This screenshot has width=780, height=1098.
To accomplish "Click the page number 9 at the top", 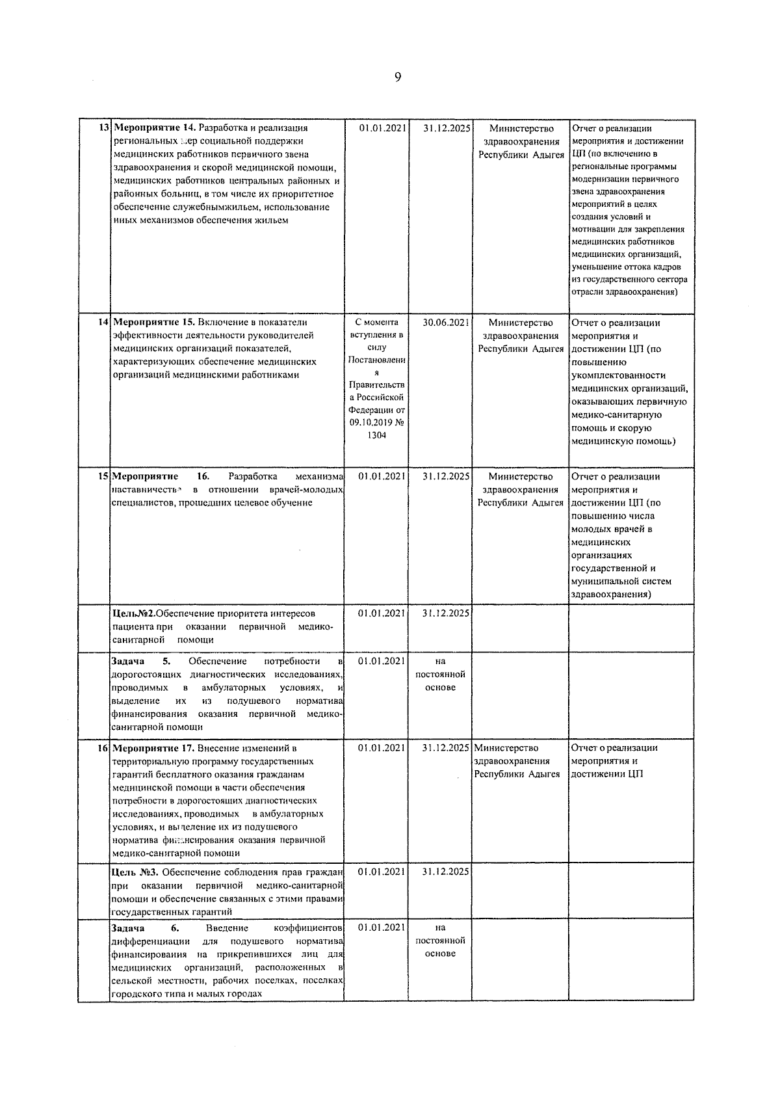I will click(x=398, y=78).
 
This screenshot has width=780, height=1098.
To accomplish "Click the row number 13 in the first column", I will click(x=103, y=128).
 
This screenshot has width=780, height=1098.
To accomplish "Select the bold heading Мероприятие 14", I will click(x=154, y=128).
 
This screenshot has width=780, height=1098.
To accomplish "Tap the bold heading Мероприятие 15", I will click(x=154, y=322).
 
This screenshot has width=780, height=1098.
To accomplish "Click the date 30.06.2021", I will click(x=445, y=322).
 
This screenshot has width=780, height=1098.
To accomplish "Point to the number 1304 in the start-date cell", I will click(x=376, y=435).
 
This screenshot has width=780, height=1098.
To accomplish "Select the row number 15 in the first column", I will click(x=103, y=476).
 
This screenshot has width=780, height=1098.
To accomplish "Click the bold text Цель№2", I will click(x=133, y=613).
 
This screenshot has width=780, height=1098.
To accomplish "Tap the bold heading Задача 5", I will click(x=140, y=661).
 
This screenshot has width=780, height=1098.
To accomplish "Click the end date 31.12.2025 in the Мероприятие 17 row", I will click(x=445, y=748).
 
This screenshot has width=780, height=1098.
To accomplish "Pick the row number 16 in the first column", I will click(x=103, y=748).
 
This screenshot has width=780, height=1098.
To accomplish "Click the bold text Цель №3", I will click(x=135, y=872).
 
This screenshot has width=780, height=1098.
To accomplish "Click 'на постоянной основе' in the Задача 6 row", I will click(x=440, y=941).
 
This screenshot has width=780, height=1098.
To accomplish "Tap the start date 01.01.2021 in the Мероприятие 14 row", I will click(x=382, y=128).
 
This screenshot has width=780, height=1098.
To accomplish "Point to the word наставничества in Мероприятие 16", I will click(x=146, y=490).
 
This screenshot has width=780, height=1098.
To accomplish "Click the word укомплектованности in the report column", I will click(x=618, y=375).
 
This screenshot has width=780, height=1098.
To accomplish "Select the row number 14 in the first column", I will click(x=103, y=322).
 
